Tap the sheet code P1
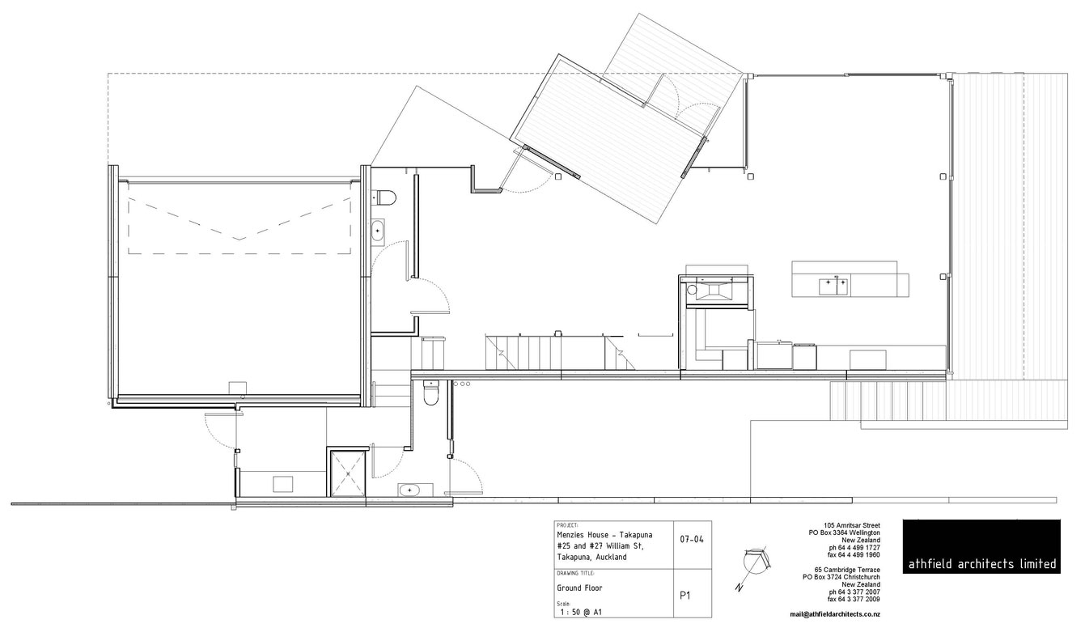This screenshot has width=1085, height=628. (x=684, y=596)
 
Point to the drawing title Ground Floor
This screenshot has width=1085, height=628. (x=579, y=588)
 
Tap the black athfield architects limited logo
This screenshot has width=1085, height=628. (x=981, y=547)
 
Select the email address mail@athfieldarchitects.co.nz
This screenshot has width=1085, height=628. (x=835, y=614)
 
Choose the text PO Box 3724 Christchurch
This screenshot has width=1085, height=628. (x=848, y=578)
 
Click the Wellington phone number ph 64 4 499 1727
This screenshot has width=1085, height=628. (x=855, y=548)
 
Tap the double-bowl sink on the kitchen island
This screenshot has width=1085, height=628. (x=833, y=284)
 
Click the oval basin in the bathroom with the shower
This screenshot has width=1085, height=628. (x=409, y=490)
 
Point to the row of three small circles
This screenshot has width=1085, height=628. (x=462, y=383)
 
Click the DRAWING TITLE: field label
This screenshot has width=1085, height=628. (x=576, y=573)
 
